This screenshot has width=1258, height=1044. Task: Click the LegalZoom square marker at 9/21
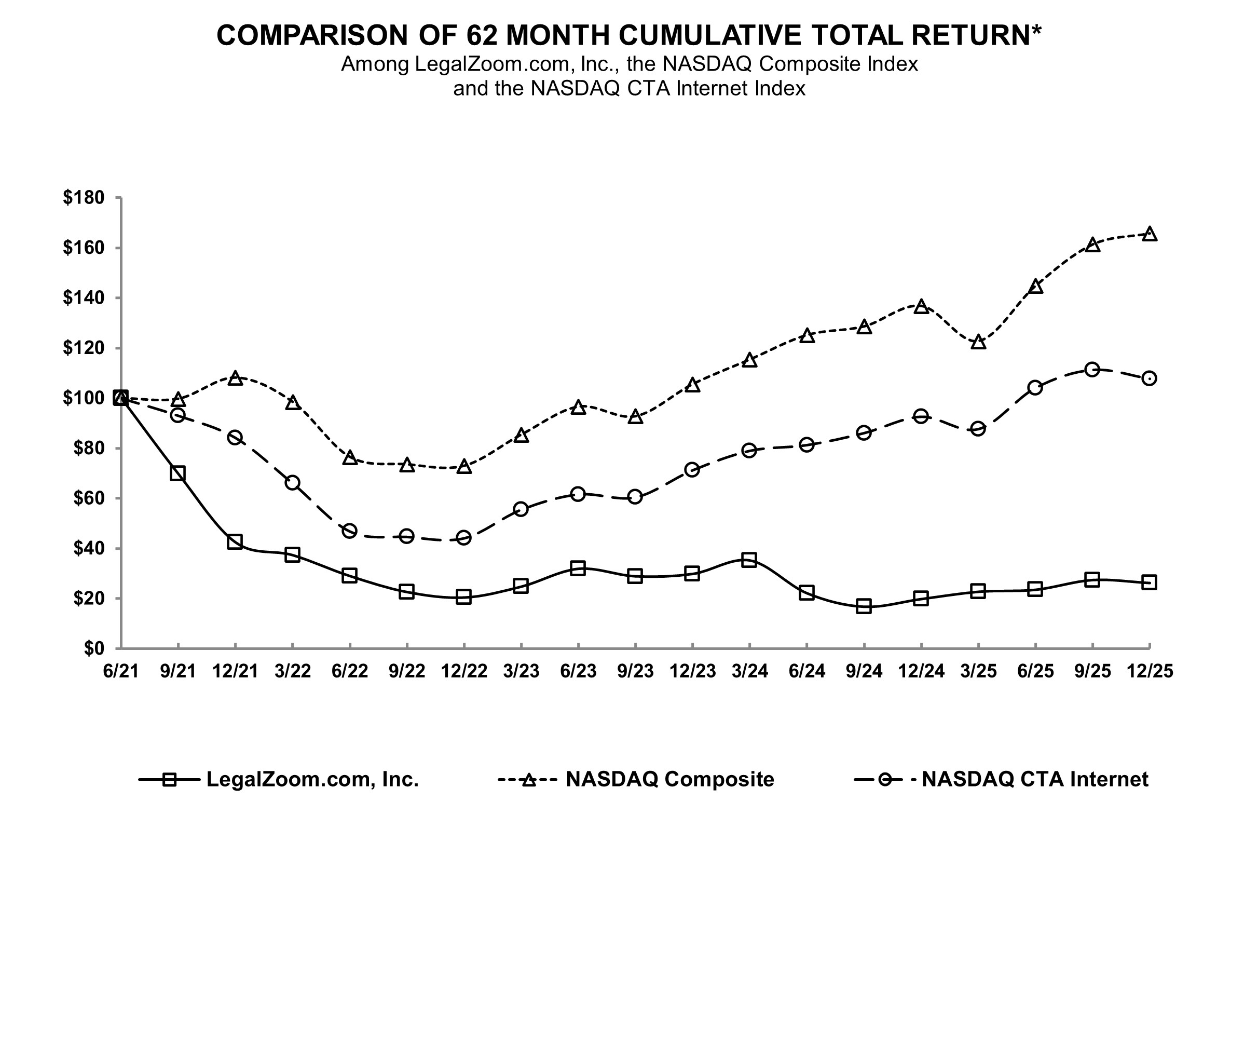[178, 473]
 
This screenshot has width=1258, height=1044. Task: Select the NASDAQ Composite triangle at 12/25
[1150, 234]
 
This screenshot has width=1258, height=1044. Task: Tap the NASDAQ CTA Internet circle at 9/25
[1092, 369]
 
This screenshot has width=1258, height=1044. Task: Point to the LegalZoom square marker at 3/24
[749, 560]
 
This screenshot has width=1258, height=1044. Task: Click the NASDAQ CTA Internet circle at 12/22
[463, 538]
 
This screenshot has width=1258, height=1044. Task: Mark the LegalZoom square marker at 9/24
[864, 606]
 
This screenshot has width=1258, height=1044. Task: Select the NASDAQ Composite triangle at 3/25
[978, 342]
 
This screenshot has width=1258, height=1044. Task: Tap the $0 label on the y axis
[93, 648]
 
